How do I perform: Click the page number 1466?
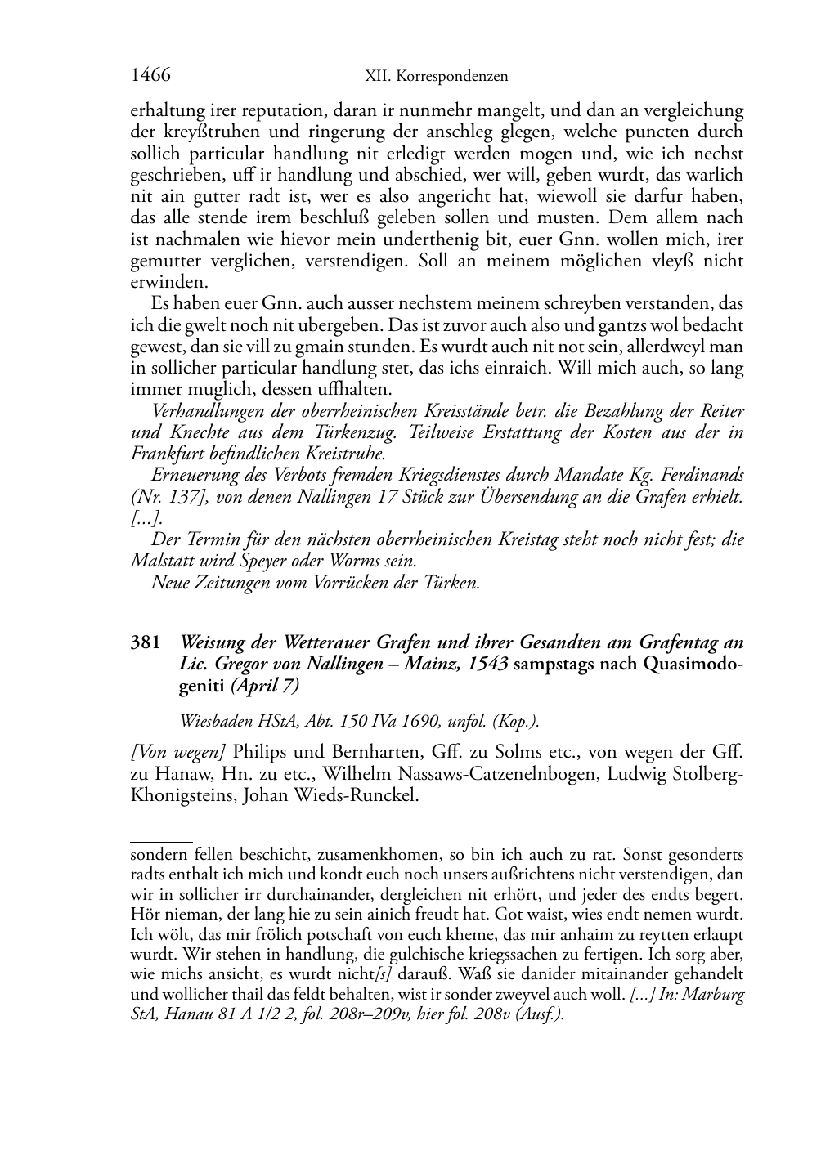point(150,75)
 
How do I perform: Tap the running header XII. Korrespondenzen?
point(436,77)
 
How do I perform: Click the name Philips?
point(260,752)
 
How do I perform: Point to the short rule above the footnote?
point(161,839)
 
